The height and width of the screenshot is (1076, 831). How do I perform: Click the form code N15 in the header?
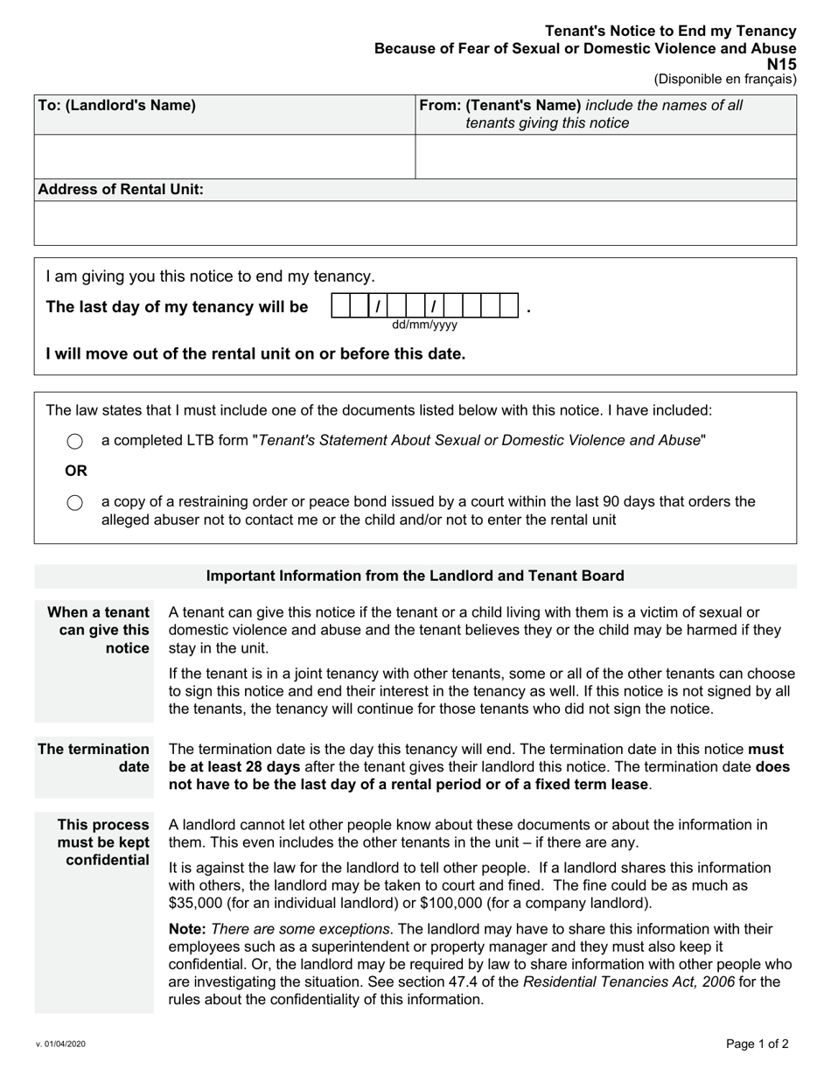[x=781, y=64]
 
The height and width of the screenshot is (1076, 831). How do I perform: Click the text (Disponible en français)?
[x=725, y=79]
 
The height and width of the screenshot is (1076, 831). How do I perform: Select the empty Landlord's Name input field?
[x=224, y=157]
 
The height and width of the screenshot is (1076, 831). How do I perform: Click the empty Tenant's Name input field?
[x=605, y=157]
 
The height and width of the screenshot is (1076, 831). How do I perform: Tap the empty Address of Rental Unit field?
[x=415, y=223]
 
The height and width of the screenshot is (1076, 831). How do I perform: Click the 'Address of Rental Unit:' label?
[x=121, y=190]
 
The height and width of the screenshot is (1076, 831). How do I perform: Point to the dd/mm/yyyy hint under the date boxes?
[x=424, y=325]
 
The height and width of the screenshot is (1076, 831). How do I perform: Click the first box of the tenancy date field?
[x=339, y=307]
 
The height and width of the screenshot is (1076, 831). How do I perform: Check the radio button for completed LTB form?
[x=75, y=442]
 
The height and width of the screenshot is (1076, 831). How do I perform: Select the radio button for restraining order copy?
[x=75, y=502]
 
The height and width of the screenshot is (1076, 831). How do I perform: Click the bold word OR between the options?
[x=76, y=472]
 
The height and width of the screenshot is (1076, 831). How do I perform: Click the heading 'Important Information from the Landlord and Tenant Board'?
[x=415, y=576]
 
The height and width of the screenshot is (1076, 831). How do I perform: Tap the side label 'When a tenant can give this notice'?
[x=99, y=630]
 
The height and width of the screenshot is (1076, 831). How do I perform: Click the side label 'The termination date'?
[x=94, y=758]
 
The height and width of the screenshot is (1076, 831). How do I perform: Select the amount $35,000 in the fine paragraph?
[x=197, y=903]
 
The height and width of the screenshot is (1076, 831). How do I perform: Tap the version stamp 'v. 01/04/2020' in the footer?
[x=61, y=1044]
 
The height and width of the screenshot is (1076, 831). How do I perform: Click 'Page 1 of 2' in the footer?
[x=757, y=1044]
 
